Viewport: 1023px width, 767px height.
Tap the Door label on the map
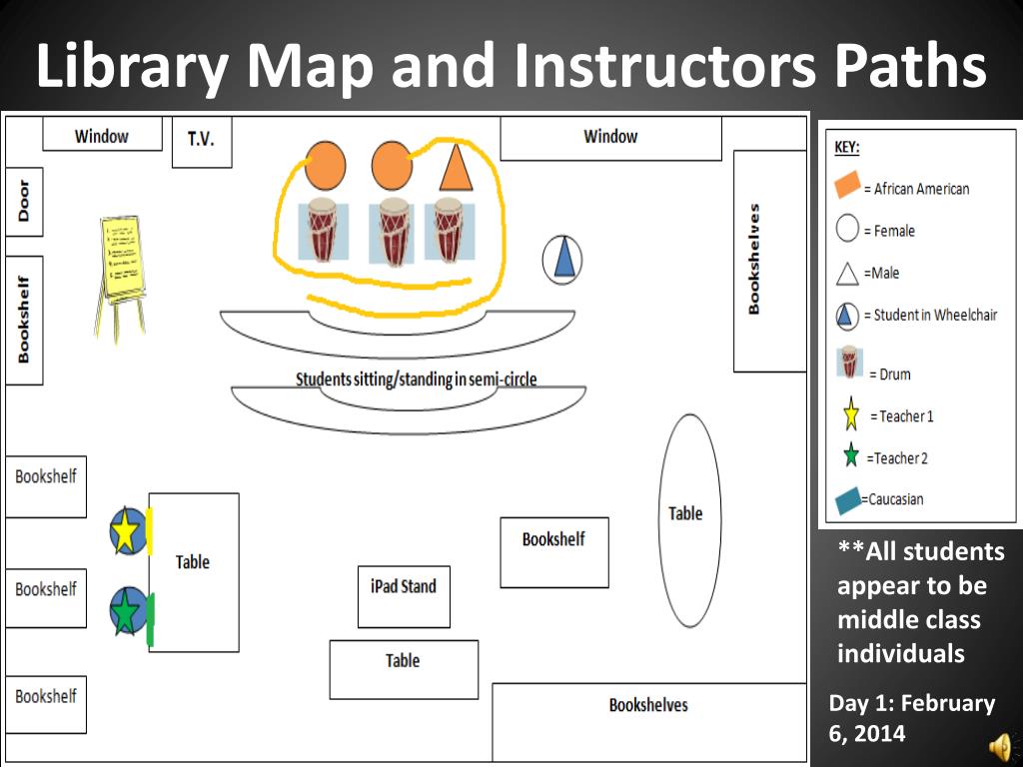(x=24, y=202)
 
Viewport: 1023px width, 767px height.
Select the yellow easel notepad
(x=124, y=259)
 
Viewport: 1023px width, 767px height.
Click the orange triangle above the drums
(x=455, y=168)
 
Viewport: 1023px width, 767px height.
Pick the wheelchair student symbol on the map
(x=563, y=260)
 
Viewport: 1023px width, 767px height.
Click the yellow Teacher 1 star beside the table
(x=127, y=531)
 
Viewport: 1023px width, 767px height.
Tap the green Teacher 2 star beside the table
(x=126, y=611)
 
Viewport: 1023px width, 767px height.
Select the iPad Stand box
(x=404, y=596)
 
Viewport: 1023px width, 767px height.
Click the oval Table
(x=689, y=519)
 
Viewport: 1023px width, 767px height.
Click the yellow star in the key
(x=851, y=415)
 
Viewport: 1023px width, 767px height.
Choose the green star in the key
(x=851, y=457)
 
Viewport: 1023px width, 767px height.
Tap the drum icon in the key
(x=850, y=363)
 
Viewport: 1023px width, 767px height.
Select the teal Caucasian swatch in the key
(x=848, y=500)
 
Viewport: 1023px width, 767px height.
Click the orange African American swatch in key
(x=847, y=186)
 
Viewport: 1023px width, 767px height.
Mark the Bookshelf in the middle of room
(x=553, y=551)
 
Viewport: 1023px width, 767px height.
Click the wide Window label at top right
(x=610, y=137)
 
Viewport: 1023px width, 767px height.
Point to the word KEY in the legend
(x=846, y=147)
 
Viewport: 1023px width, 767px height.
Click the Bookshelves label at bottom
(x=648, y=705)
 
